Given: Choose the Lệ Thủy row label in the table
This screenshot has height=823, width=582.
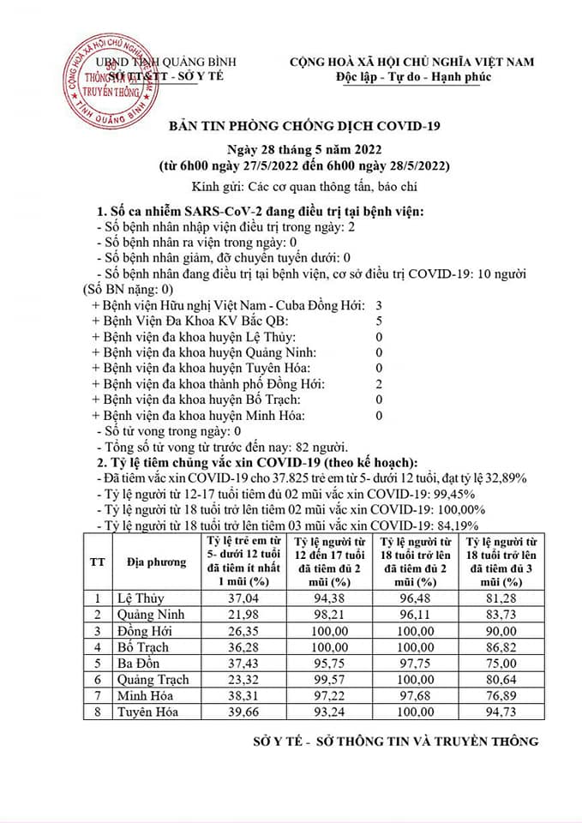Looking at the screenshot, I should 140,598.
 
